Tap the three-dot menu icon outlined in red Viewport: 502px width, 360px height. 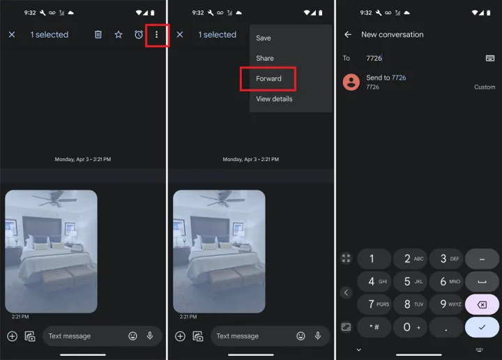coord(156,35)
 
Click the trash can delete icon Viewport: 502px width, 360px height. coord(98,35)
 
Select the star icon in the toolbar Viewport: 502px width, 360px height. coord(119,35)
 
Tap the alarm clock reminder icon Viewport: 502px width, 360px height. coord(139,35)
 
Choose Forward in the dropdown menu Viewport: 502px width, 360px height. coord(268,78)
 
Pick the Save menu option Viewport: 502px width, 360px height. coord(263,38)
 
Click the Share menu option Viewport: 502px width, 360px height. coord(265,59)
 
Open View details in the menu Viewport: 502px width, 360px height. coord(274,99)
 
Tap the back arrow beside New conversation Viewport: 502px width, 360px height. coord(348,35)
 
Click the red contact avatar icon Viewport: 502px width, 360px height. coord(351,82)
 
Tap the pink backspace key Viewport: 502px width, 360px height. coord(482,305)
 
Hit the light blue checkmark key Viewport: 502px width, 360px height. coord(482,327)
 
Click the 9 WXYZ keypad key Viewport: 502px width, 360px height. coord(447,304)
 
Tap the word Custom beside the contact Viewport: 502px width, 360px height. coord(485,87)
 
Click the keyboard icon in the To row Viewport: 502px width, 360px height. coord(490,58)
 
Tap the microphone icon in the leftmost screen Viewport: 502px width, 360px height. coord(149,336)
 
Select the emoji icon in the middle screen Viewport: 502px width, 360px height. coord(301,336)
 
